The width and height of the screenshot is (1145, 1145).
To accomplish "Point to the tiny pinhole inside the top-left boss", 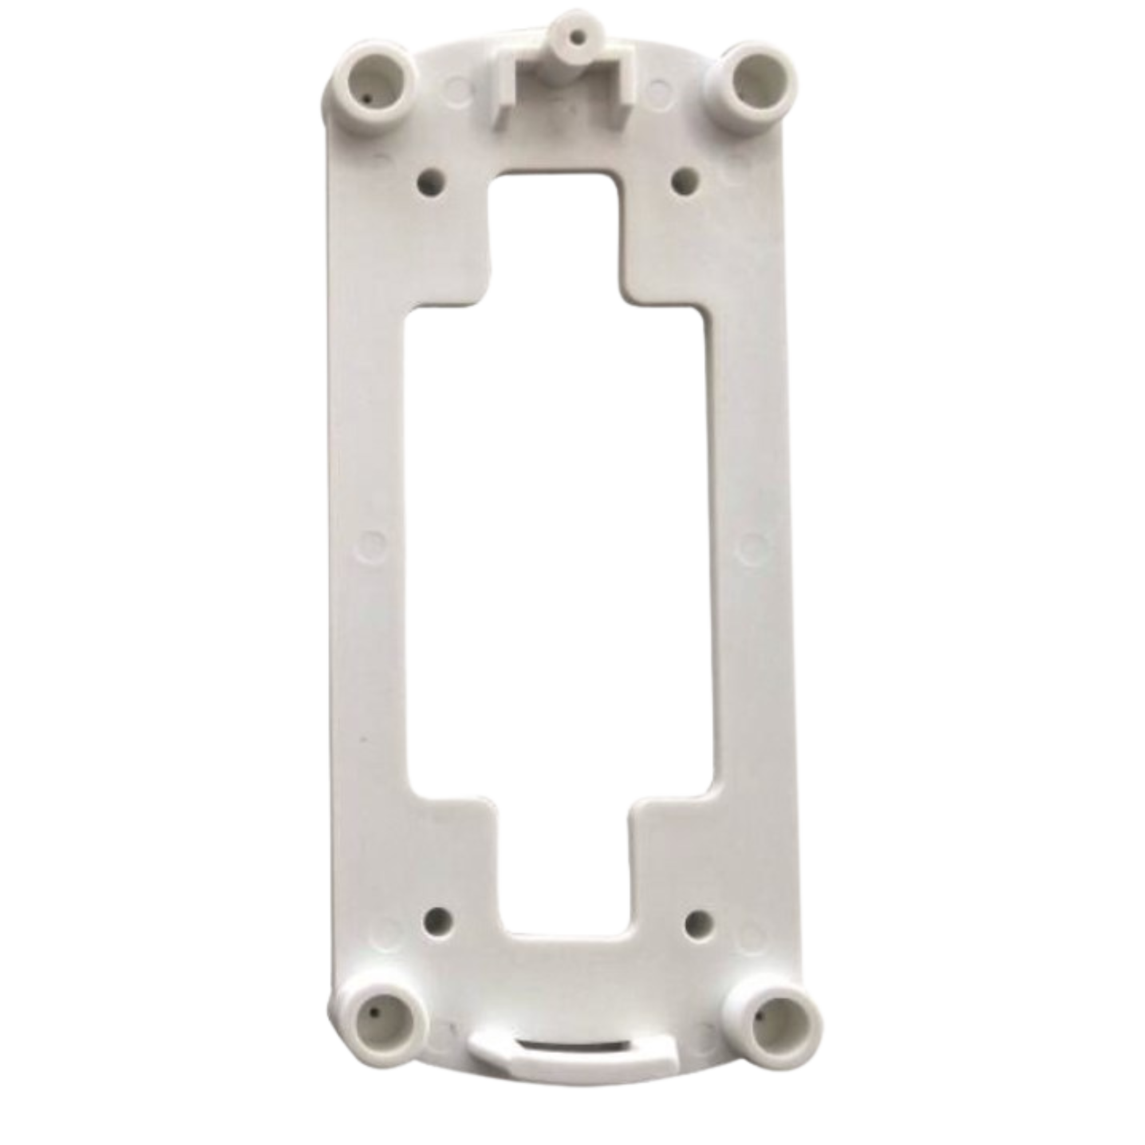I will pos(368,99).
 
